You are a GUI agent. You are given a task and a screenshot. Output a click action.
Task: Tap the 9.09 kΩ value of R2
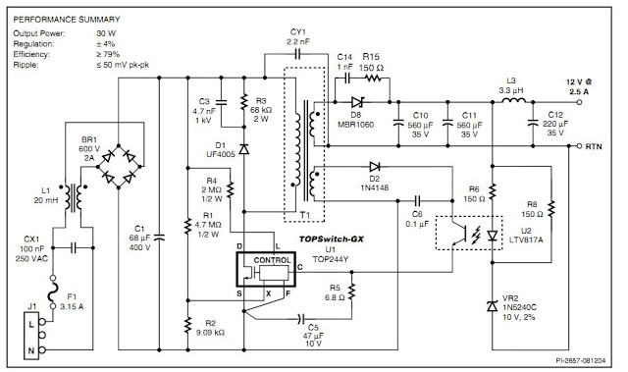pos(211,333)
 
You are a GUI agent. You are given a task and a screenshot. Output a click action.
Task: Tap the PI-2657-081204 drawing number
pos(587,361)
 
